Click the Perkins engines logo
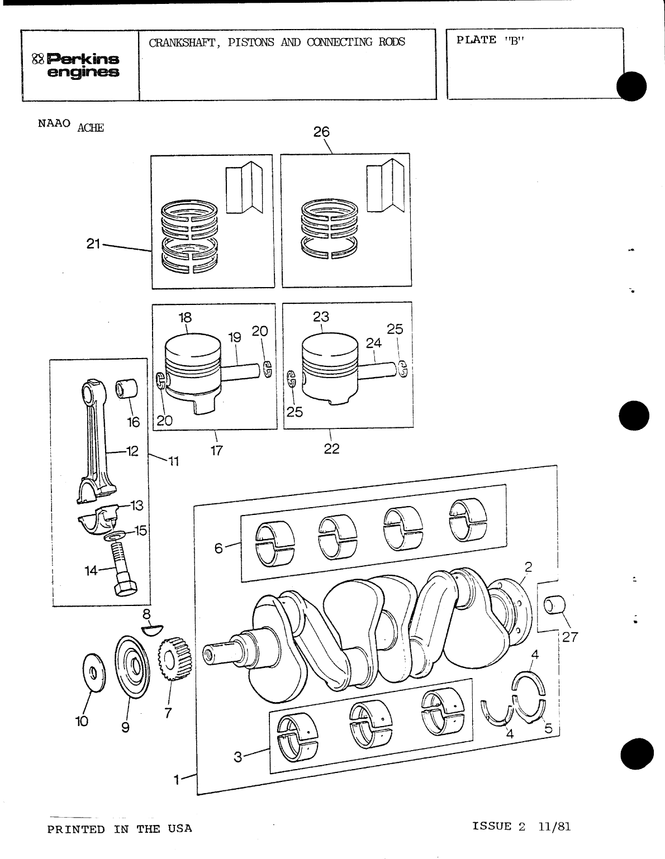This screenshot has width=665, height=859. pyautogui.click(x=77, y=65)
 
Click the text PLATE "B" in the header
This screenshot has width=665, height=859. pyautogui.click(x=488, y=40)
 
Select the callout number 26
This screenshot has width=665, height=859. pyautogui.click(x=321, y=132)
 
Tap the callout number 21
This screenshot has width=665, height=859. pyautogui.click(x=93, y=244)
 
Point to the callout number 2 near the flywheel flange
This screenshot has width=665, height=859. pyautogui.click(x=528, y=566)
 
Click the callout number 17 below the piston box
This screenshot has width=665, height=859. pyautogui.click(x=216, y=450)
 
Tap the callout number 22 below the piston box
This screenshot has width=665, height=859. pyautogui.click(x=331, y=449)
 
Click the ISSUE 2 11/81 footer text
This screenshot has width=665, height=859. pyautogui.click(x=521, y=827)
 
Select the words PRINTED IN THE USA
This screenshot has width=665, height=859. pyautogui.click(x=120, y=829)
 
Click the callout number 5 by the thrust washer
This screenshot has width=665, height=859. pyautogui.click(x=548, y=728)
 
